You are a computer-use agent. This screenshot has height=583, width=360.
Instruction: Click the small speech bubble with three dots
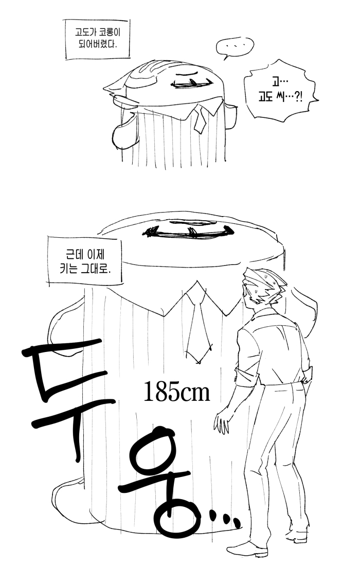[235, 47]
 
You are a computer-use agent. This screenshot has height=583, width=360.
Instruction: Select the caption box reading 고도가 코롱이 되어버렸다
[98, 39]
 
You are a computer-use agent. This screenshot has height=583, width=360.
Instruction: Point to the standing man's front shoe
[247, 549]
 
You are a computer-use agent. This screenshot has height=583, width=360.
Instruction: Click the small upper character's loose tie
[200, 118]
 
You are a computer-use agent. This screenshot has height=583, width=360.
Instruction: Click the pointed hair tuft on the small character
[115, 86]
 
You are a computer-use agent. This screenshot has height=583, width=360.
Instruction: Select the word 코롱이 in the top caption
[111, 32]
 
